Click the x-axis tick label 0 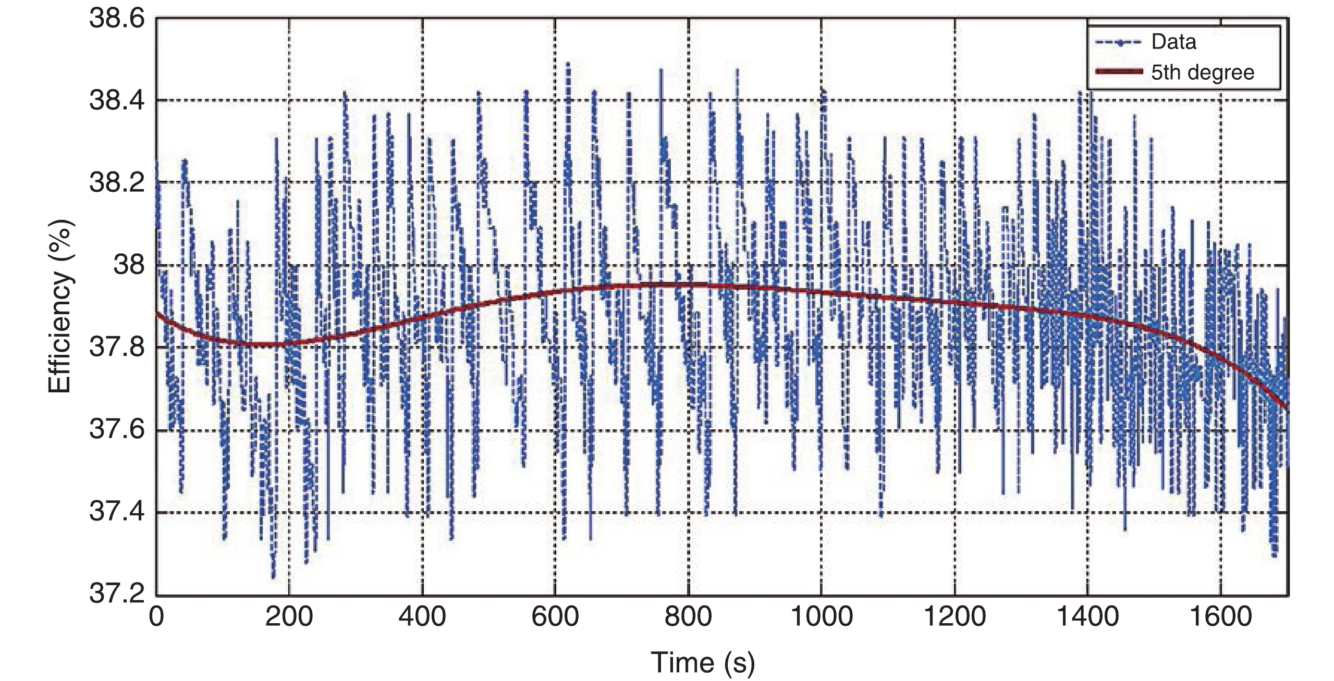(x=156, y=617)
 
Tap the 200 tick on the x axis (x=289, y=617)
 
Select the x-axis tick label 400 (x=422, y=617)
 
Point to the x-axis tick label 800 (x=688, y=617)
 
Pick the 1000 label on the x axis (x=821, y=617)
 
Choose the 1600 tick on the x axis (x=1220, y=617)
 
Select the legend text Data (x=1173, y=42)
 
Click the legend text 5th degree (x=1202, y=72)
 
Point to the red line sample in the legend (x=1119, y=72)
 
